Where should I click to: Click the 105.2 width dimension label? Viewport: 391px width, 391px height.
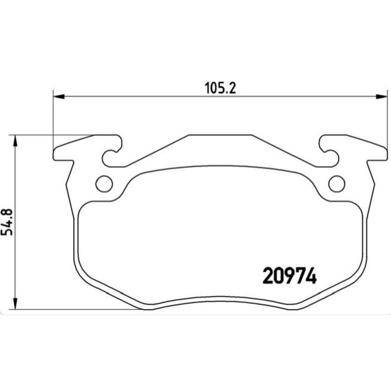tap(220, 88)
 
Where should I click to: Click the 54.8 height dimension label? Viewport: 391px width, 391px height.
tap(7, 222)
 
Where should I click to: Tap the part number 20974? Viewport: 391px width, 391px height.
tap(289, 276)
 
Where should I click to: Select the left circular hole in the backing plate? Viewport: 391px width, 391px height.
tap(104, 184)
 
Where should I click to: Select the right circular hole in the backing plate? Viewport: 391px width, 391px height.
tap(337, 184)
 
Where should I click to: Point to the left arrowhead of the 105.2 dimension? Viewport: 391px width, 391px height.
tap(59, 97)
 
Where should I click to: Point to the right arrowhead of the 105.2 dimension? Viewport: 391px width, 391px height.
tap(382, 97)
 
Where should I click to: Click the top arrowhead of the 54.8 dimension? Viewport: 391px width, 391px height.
tap(16, 141)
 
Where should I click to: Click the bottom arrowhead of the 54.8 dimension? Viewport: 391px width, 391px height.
tap(16, 304)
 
